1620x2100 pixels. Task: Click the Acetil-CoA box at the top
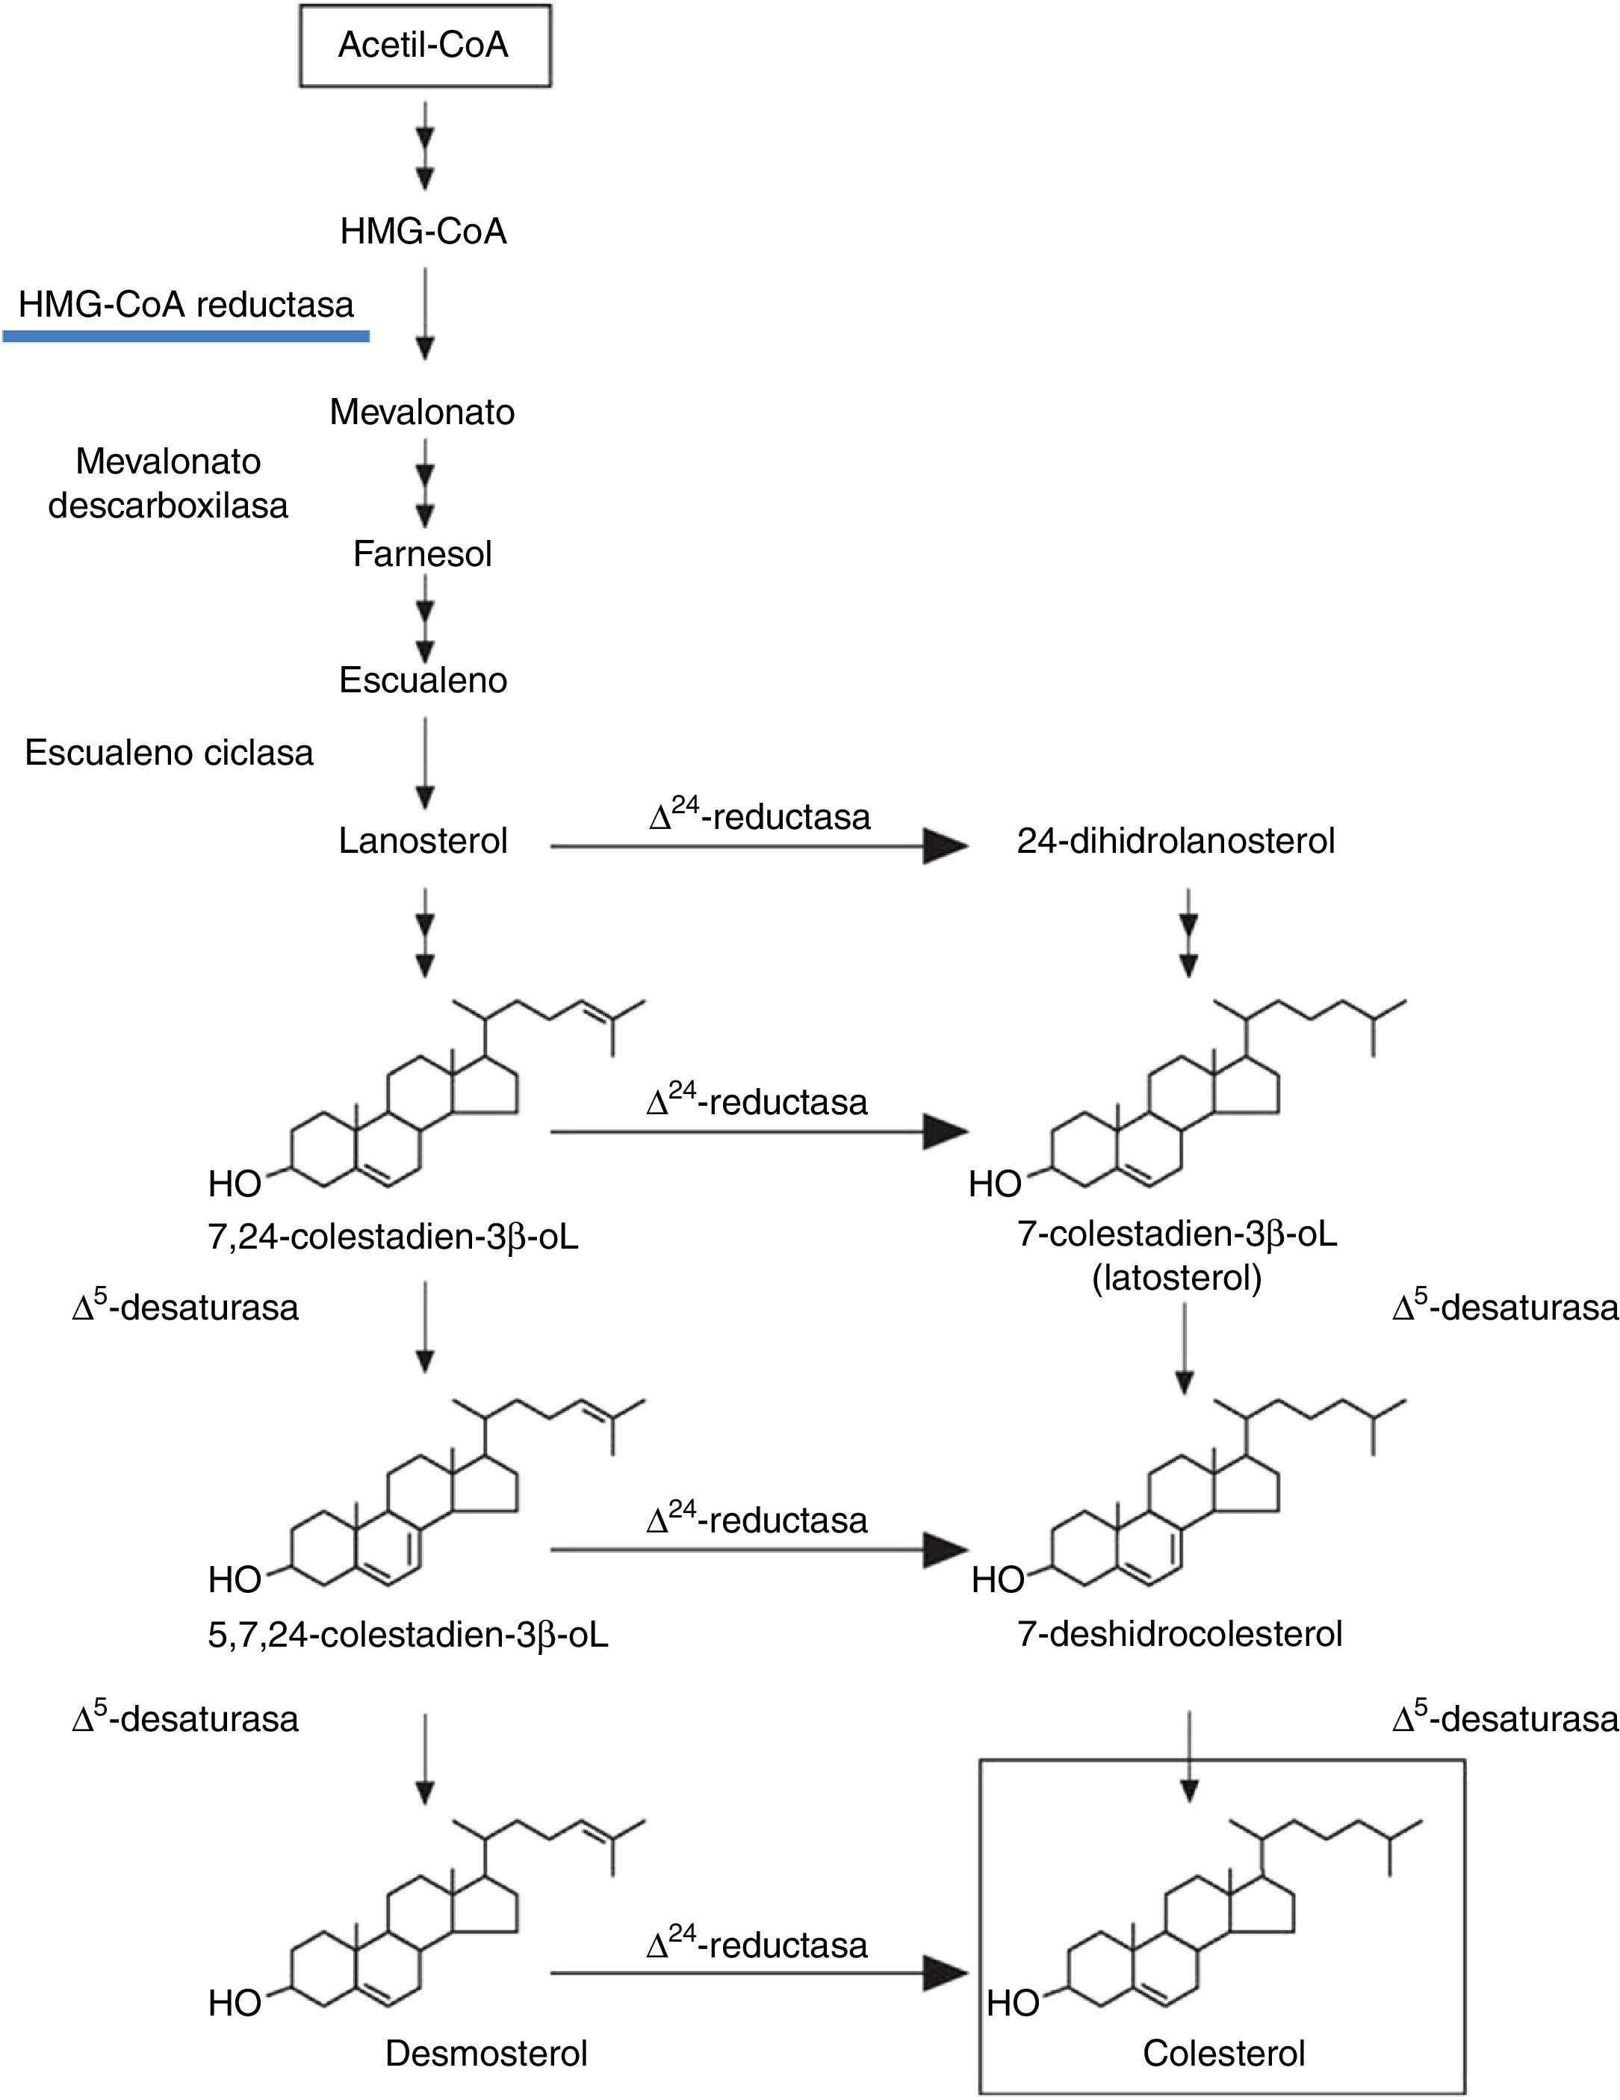pyautogui.click(x=424, y=46)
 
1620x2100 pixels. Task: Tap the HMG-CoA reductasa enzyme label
pyautogui.click(x=185, y=305)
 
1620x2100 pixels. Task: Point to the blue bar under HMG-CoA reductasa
pyautogui.click(x=185, y=335)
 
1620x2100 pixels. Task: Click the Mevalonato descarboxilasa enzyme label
pyautogui.click(x=168, y=484)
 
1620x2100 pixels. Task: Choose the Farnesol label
pyautogui.click(x=422, y=554)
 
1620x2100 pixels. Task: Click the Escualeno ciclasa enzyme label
pyautogui.click(x=170, y=753)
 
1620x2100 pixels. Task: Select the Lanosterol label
pyautogui.click(x=423, y=842)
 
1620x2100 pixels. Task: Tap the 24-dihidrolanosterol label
pyautogui.click(x=1176, y=842)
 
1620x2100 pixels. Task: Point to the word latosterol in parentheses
pyautogui.click(x=1177, y=1278)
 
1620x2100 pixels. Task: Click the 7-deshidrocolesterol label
pyautogui.click(x=1179, y=1634)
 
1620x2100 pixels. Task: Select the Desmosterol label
pyautogui.click(x=485, y=2053)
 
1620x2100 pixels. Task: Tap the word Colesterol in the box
pyautogui.click(x=1224, y=2053)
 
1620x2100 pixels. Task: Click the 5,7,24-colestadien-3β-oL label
pyautogui.click(x=409, y=1635)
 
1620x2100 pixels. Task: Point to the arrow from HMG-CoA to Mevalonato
pyautogui.click(x=425, y=312)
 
